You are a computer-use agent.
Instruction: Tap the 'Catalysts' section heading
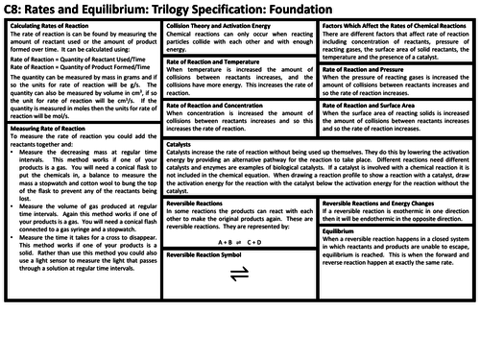pos(183,144)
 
